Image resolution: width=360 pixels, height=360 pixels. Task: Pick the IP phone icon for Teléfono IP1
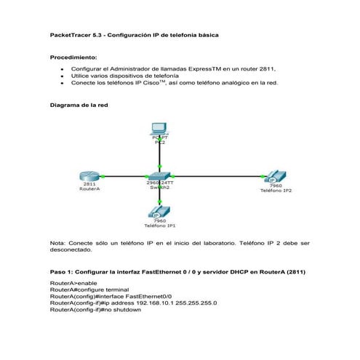point(159,210)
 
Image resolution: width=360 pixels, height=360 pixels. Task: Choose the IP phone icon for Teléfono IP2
point(275,177)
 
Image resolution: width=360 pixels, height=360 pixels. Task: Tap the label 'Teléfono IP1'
point(159,226)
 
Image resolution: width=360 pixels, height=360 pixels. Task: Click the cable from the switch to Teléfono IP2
point(218,175)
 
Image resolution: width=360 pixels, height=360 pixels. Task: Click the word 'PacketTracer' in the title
point(73,34)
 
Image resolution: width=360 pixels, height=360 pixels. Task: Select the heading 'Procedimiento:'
point(72,57)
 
